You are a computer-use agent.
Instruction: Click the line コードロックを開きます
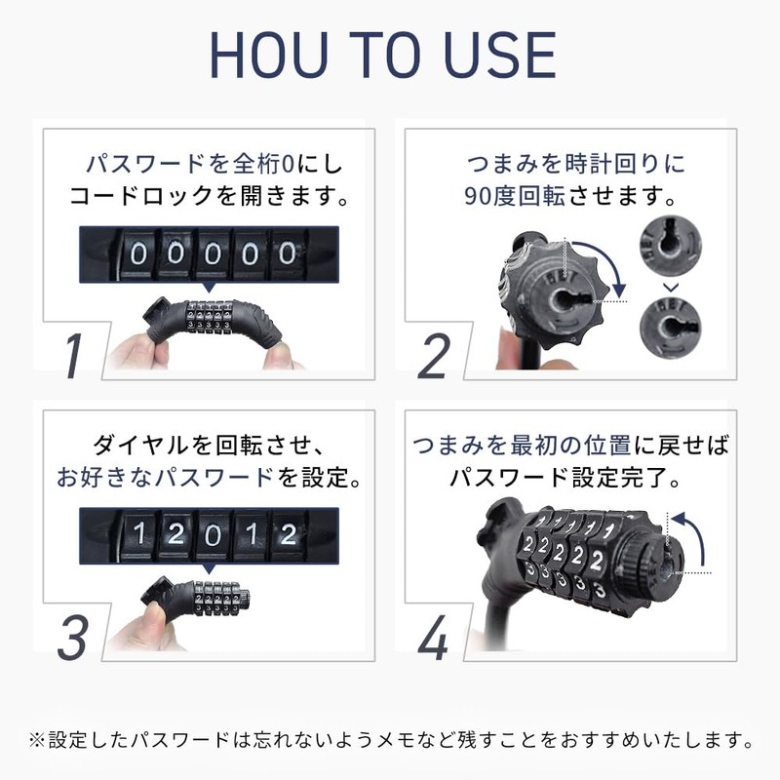pyautogui.click(x=209, y=195)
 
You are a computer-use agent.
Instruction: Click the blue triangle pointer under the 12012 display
pyautogui.click(x=208, y=568)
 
